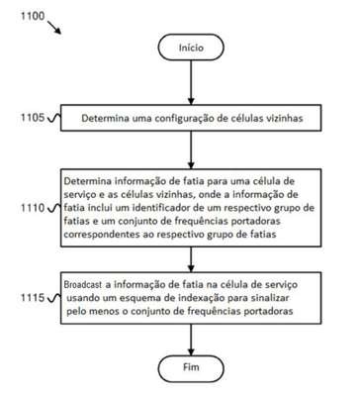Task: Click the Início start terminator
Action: coord(191,48)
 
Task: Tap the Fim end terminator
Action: coord(191,368)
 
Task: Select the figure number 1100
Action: coord(33,16)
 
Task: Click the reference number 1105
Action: coord(33,117)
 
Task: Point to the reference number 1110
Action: coord(33,208)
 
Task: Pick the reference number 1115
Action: coord(33,298)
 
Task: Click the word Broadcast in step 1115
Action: coord(83,284)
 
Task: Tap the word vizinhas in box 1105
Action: coord(284,118)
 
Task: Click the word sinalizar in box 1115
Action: coord(270,298)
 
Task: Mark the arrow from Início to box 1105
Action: coord(191,82)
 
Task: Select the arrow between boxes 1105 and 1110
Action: coord(191,149)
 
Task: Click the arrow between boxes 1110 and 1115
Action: coord(191,259)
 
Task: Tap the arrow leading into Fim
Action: coord(191,340)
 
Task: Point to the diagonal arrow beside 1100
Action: coord(54,28)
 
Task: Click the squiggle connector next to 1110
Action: coord(54,208)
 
